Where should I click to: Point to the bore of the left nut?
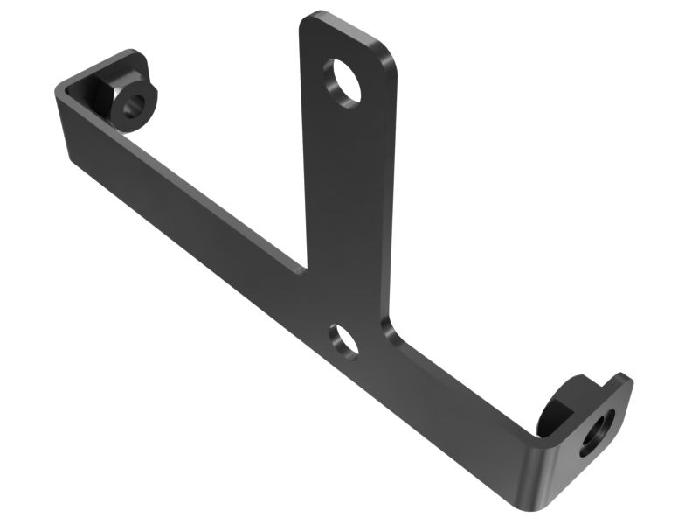[x=133, y=107]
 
